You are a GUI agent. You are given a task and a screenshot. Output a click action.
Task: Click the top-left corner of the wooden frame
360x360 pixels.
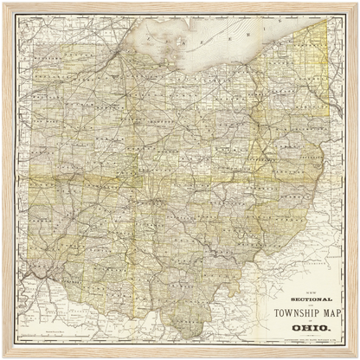[x=3, y=3]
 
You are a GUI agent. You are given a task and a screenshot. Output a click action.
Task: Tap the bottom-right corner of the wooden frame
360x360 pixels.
[x=356, y=356]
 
